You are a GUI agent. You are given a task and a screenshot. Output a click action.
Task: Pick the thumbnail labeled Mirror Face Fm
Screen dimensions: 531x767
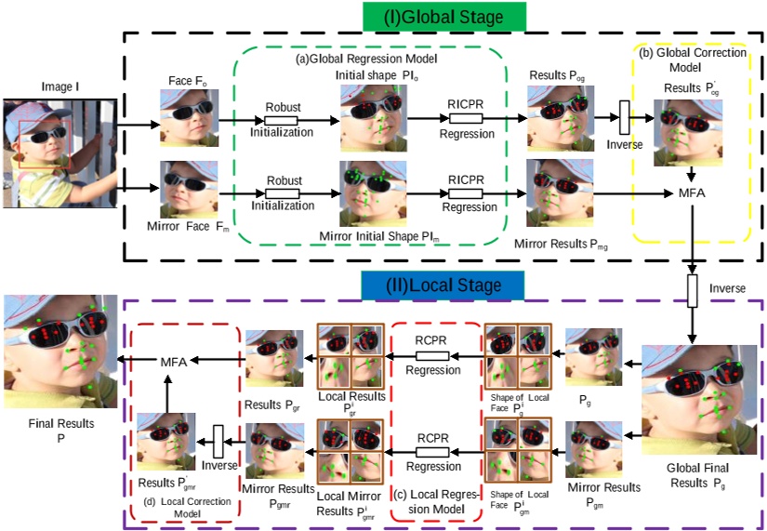click(x=189, y=190)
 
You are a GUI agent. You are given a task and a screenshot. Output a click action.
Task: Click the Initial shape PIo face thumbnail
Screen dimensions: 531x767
click(x=368, y=118)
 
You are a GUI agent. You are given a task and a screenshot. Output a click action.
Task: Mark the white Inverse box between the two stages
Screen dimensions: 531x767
click(x=691, y=290)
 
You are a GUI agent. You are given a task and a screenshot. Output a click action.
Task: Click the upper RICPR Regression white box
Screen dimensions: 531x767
click(x=466, y=119)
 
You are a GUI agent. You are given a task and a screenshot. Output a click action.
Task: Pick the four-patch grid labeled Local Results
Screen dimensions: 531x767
click(x=349, y=350)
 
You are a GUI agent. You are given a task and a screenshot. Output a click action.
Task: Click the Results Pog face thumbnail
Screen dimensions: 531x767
click(x=555, y=113)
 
